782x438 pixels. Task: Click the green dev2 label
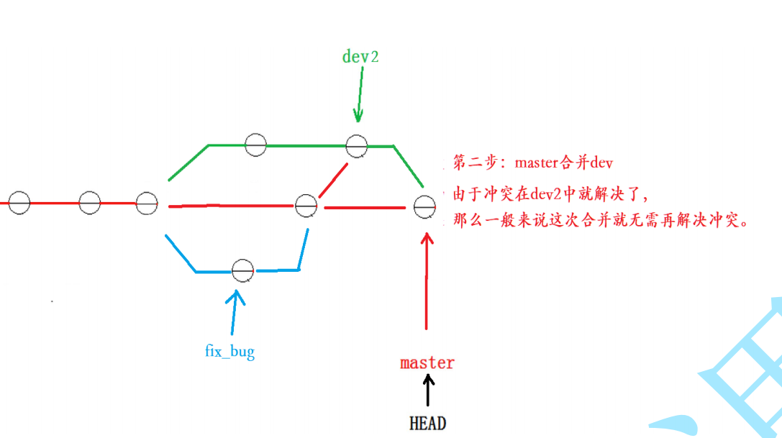[x=360, y=57]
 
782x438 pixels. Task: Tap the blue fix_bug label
[x=229, y=352]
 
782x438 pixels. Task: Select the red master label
[x=427, y=363]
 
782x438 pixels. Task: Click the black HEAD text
[x=427, y=423]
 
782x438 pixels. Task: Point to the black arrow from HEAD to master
[x=428, y=392]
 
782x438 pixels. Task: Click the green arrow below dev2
[x=358, y=97]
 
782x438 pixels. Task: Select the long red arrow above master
[x=427, y=280]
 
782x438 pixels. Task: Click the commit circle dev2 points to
[x=357, y=146]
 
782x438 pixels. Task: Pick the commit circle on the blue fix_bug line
[x=242, y=270]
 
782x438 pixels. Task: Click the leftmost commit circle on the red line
[x=19, y=204]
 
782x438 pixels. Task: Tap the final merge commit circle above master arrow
[x=424, y=208]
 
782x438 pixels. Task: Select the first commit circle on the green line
[x=255, y=145]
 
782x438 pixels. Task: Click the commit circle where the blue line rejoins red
[x=306, y=206]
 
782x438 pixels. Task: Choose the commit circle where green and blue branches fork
[x=147, y=204]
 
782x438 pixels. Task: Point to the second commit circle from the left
[x=90, y=204]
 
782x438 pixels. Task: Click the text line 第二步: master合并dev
[x=532, y=163]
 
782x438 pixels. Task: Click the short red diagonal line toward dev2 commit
[x=334, y=179]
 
